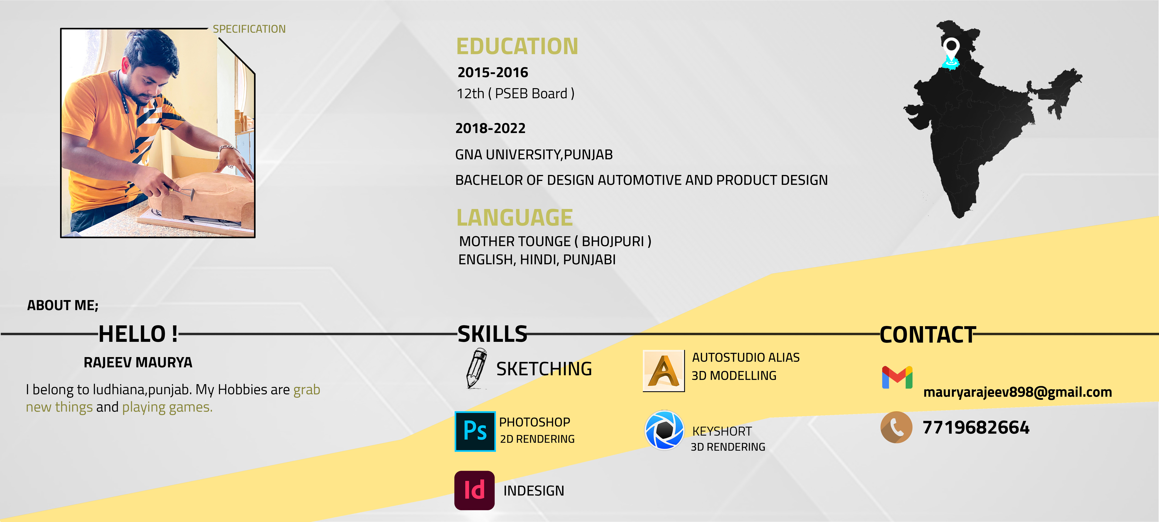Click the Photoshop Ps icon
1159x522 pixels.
(x=475, y=431)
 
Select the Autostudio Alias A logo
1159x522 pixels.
(x=664, y=371)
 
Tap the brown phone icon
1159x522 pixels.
(x=896, y=427)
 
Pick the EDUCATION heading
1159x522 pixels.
(x=517, y=46)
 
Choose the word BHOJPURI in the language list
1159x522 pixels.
(x=613, y=241)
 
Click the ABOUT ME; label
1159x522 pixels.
(x=63, y=305)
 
